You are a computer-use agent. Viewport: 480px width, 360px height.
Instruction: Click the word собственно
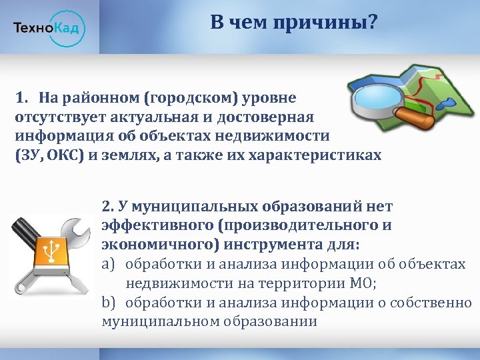pos(434,303)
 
